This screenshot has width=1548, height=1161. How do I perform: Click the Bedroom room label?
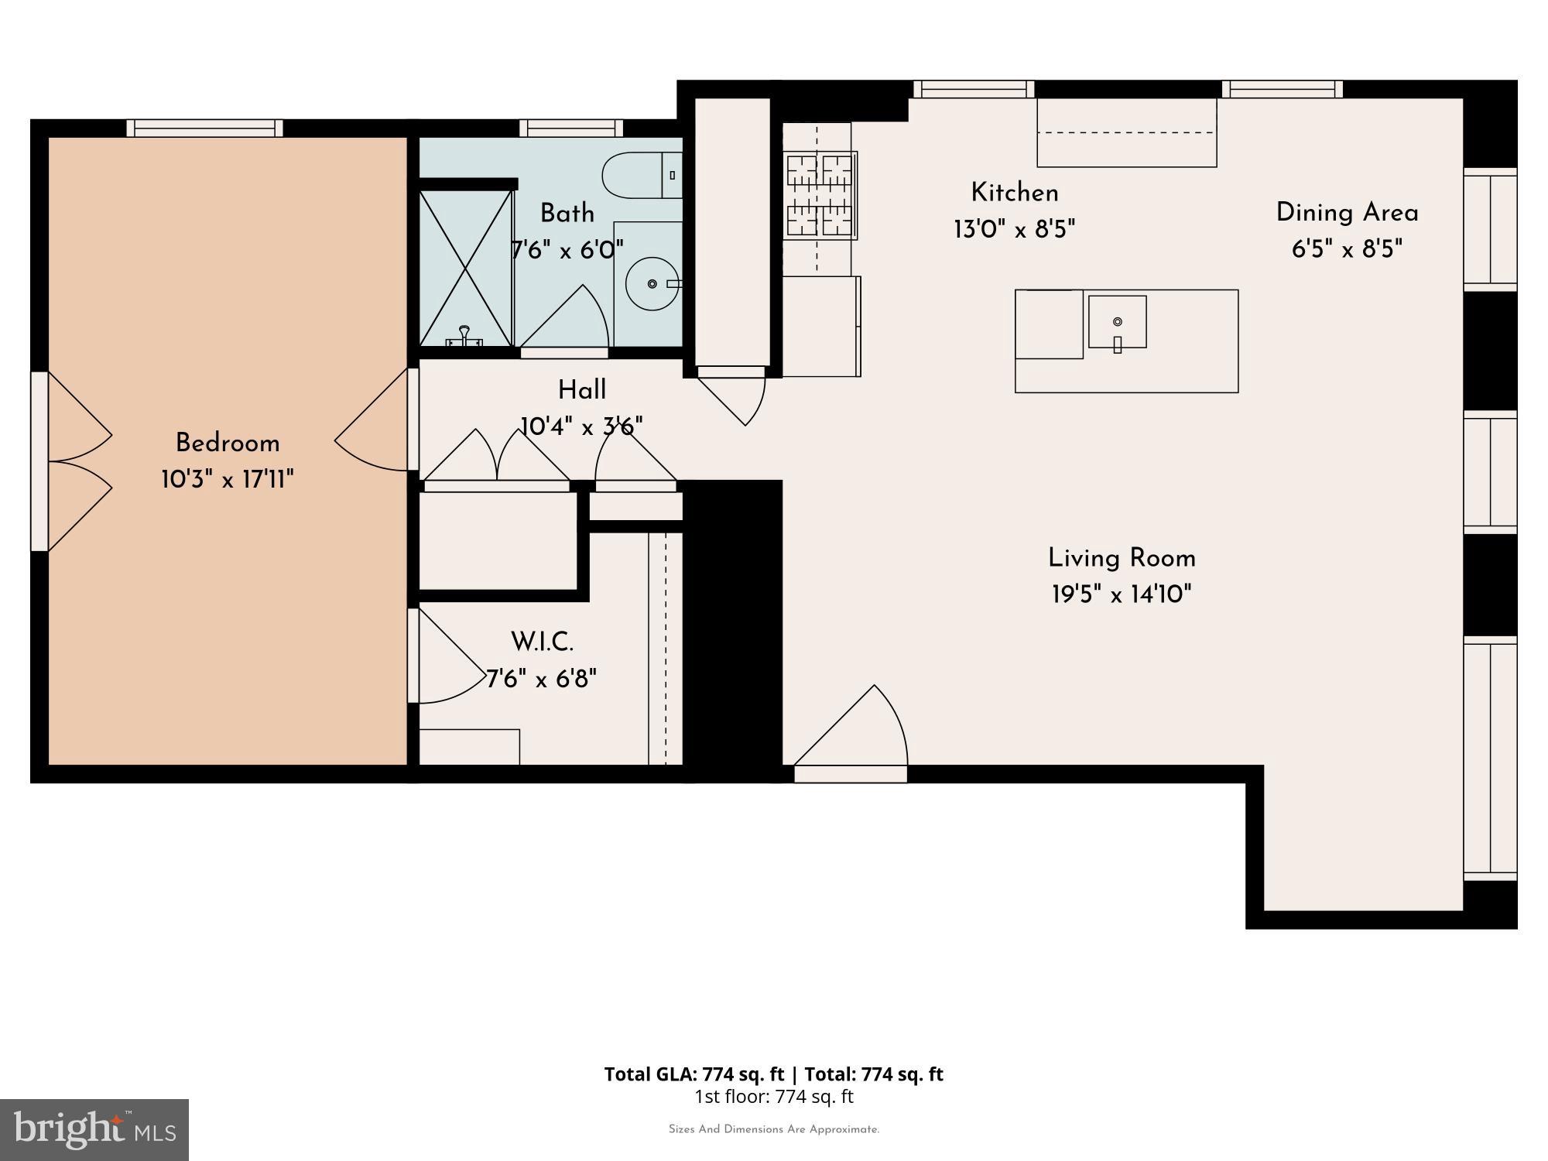pos(228,444)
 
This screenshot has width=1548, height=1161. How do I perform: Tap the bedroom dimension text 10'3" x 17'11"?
pos(228,480)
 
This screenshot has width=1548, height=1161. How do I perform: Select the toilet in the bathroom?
pos(642,176)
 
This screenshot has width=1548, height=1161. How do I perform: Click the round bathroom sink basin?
pos(652,283)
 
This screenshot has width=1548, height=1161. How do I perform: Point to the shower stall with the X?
pos(465,268)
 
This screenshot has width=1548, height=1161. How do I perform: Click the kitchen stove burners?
pos(820,195)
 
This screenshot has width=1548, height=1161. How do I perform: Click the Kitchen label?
pos(1015,193)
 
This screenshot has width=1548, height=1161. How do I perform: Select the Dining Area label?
pos(1347,213)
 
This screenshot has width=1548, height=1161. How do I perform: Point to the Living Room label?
pos(1122,558)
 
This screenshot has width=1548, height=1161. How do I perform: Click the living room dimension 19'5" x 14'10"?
pos(1122,594)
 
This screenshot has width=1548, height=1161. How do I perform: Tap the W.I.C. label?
pos(542,642)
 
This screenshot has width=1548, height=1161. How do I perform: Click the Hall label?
pos(582,390)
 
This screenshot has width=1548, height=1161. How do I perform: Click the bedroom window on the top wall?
pos(205,128)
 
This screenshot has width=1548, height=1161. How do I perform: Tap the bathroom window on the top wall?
pos(571,128)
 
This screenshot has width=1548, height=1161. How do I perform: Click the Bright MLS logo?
pos(94,1130)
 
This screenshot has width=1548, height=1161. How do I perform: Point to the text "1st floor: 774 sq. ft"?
pos(774,1096)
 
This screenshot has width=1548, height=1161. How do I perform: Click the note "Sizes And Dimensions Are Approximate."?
pos(774,1129)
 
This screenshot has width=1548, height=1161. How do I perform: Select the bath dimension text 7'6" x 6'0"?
pos(567,250)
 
